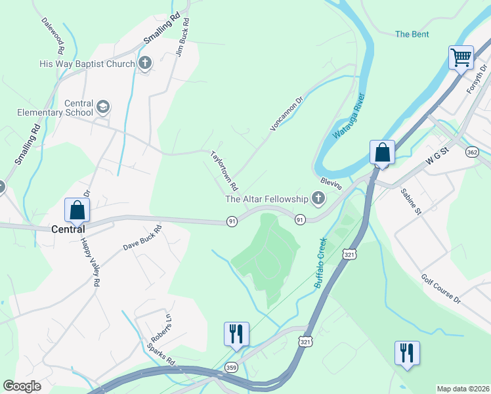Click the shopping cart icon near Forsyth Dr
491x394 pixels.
(461, 57)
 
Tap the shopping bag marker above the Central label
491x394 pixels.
(77, 211)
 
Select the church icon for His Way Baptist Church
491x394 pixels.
(145, 64)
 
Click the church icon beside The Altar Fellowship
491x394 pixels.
(318, 198)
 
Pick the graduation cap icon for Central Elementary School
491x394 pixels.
(103, 107)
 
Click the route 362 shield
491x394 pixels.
(472, 152)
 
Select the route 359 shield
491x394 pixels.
(230, 367)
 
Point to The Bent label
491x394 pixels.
(412, 34)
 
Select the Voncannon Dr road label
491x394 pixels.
(286, 113)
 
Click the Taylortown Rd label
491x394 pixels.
(224, 169)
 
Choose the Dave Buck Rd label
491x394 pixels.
(142, 238)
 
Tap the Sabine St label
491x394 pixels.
(412, 201)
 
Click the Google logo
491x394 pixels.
(22, 386)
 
